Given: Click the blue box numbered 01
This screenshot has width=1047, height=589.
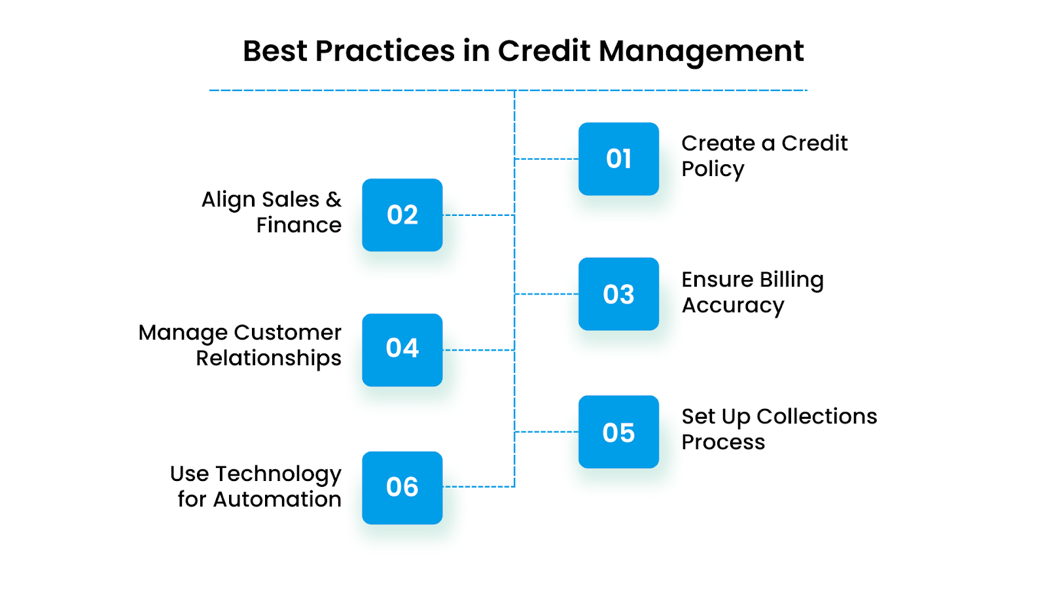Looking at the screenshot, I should (x=618, y=159).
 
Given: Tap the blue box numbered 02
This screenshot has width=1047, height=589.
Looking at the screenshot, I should (x=402, y=215).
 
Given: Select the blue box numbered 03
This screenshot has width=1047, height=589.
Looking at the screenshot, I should (x=618, y=294).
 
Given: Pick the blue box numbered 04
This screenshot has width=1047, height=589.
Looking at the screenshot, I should (x=402, y=349).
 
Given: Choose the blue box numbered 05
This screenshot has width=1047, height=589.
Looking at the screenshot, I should (x=618, y=432).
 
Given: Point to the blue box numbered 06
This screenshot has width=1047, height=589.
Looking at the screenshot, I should (x=402, y=488).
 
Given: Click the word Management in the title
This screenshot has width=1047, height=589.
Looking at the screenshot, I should (x=701, y=51).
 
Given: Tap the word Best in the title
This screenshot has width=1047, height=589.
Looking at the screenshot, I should (x=275, y=51).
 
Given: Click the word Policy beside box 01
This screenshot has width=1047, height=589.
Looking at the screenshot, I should (x=713, y=169).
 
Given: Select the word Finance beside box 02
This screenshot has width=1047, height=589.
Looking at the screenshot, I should (x=298, y=225).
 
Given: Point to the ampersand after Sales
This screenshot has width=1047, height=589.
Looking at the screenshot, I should (x=334, y=199).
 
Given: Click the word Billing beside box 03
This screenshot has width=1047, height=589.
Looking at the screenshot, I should (x=791, y=280).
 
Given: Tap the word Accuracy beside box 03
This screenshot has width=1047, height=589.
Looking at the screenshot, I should (x=733, y=306).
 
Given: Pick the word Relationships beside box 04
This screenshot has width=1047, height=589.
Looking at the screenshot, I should (x=268, y=359).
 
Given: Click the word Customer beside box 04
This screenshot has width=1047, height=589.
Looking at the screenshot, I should (x=287, y=332).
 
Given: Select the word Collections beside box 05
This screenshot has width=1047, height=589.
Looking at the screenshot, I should (x=817, y=416).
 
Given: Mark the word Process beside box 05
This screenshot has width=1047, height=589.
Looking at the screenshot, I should (x=723, y=442).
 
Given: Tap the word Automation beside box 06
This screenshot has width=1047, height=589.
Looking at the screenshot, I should (x=277, y=499).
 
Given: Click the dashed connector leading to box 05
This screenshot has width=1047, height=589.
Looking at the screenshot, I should (x=546, y=432).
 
